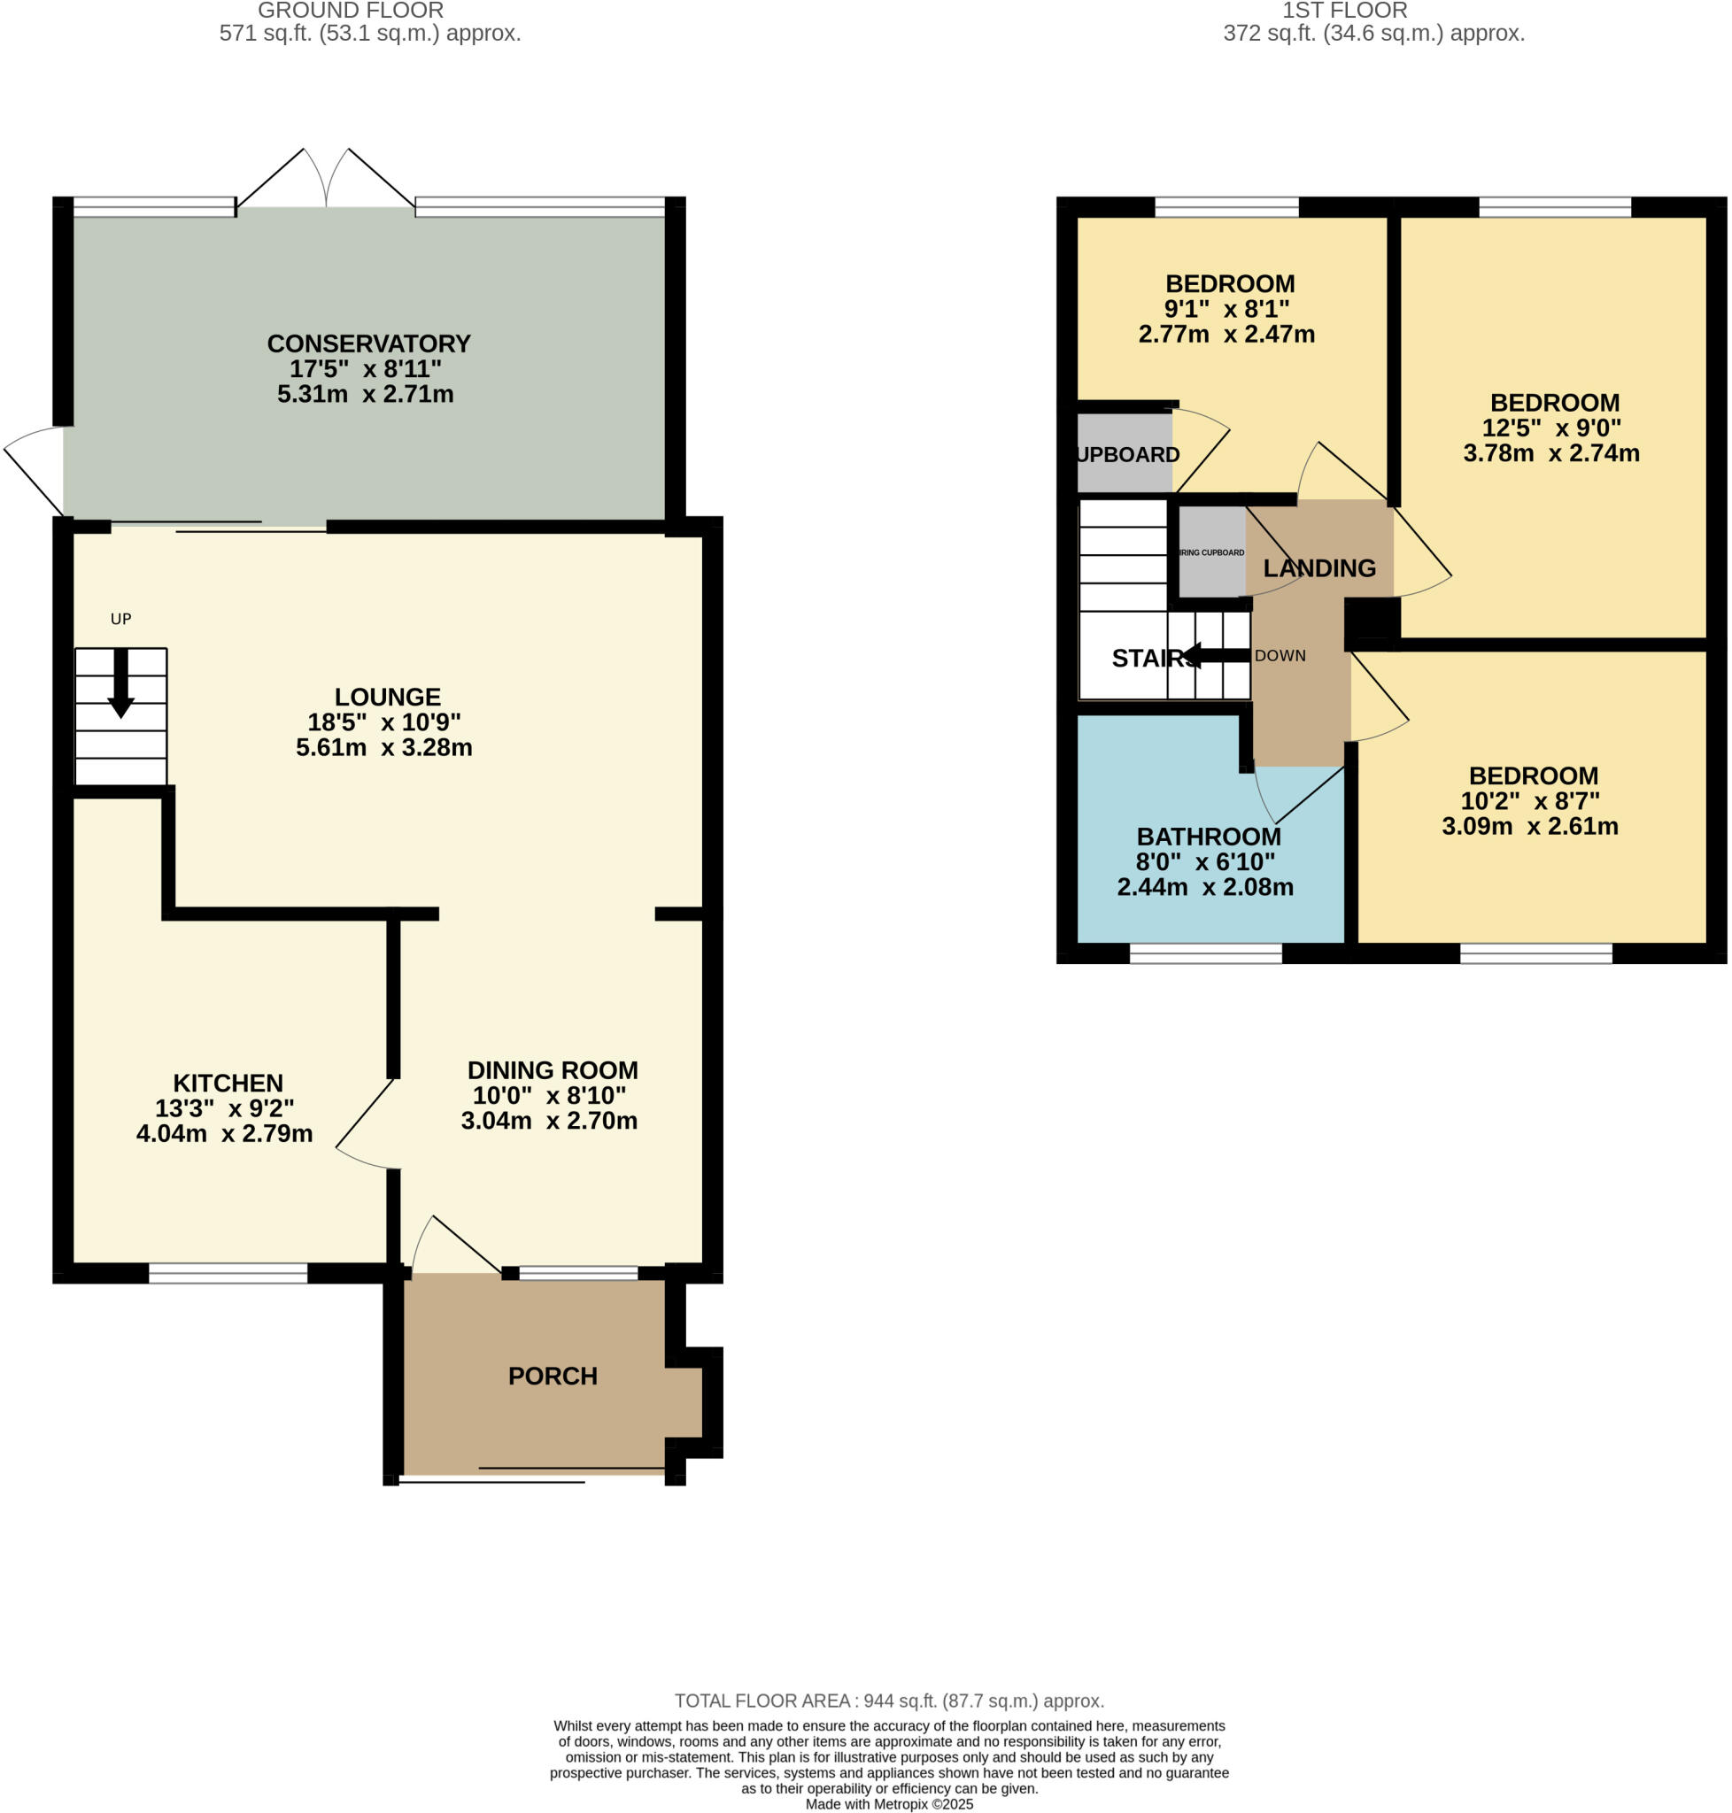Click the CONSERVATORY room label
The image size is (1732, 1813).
(x=368, y=343)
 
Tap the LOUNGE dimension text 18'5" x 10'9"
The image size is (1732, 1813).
(x=384, y=721)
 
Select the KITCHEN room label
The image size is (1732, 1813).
(x=228, y=1083)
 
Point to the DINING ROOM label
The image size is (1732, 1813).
(x=553, y=1070)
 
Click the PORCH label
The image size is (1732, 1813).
(x=553, y=1376)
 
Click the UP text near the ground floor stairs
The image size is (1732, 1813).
(x=121, y=620)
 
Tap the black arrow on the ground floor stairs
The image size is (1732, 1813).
(x=121, y=684)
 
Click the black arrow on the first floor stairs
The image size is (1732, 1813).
(x=1215, y=656)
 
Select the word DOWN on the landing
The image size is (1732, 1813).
(x=1280, y=656)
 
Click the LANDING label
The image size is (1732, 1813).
(x=1318, y=568)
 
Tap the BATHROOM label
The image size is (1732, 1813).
(x=1208, y=837)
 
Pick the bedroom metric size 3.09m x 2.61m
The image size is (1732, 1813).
(x=1530, y=826)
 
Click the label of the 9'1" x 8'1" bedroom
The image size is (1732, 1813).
(x=1230, y=284)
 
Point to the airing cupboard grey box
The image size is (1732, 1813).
(x=1211, y=552)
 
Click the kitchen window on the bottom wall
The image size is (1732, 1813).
(x=228, y=1273)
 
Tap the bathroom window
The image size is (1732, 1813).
(x=1205, y=953)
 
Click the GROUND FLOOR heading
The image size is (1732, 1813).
(x=351, y=12)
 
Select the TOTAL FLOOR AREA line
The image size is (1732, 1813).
(x=888, y=1701)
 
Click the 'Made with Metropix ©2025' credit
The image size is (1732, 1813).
(x=888, y=1804)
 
